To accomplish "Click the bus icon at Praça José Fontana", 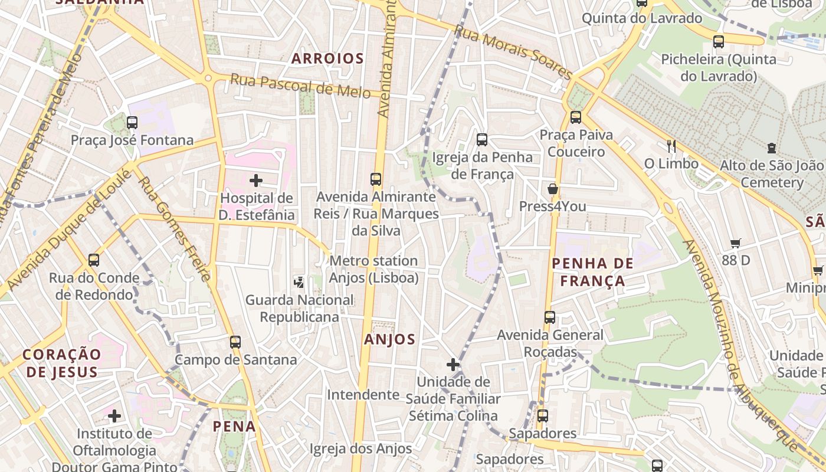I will tap(132, 123).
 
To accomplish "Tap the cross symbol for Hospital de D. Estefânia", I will tap(256, 180).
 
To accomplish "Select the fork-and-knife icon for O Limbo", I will tap(671, 146).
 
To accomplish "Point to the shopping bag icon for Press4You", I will tap(553, 189).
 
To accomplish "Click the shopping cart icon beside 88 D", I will tap(735, 243).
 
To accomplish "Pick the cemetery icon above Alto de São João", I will tap(771, 148).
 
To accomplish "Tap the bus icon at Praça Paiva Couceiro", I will tap(576, 117).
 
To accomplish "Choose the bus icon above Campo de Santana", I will tap(235, 342).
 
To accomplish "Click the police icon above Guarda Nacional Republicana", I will tap(299, 282).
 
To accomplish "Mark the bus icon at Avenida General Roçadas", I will tap(550, 317).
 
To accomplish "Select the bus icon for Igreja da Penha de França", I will tap(482, 140).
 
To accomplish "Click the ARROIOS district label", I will tap(327, 58).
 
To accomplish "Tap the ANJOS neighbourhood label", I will tap(389, 339).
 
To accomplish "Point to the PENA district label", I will tap(234, 426).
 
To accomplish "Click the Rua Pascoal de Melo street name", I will tap(300, 86).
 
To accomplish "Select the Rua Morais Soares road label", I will tap(513, 53).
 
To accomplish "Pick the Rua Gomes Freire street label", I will tap(173, 228).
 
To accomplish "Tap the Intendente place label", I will tap(363, 394).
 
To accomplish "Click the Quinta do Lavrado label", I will tap(642, 18).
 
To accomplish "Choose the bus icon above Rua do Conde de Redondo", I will tap(94, 260).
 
